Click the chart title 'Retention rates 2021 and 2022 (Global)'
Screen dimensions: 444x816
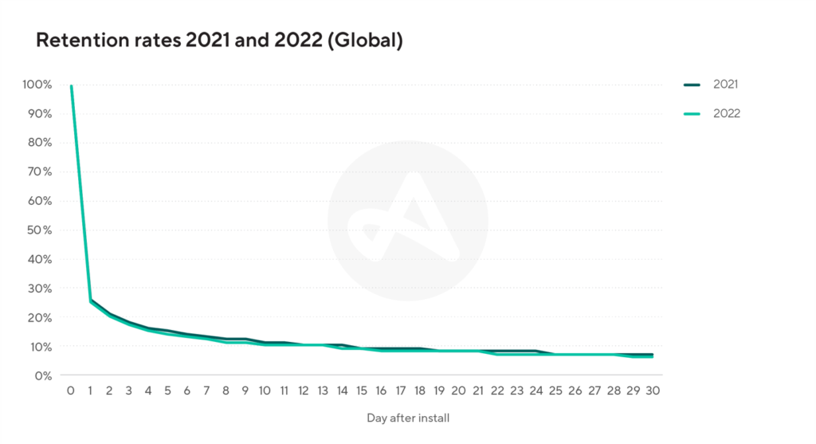(x=219, y=40)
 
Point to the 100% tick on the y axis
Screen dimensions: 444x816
(x=37, y=84)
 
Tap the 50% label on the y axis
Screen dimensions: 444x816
(x=39, y=230)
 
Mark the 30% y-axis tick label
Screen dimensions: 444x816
(x=39, y=288)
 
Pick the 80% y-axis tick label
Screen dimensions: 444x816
(x=39, y=143)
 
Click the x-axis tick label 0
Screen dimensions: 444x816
(x=71, y=391)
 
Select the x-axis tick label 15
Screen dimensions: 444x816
(x=362, y=391)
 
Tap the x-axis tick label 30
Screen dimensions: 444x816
(x=653, y=391)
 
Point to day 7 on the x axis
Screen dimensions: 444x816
(x=206, y=391)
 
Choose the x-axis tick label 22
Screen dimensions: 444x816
(x=497, y=391)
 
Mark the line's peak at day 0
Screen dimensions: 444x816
(x=72, y=86)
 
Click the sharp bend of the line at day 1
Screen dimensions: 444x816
(x=91, y=301)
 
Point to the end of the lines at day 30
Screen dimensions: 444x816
(x=653, y=356)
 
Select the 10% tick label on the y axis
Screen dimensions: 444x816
(x=39, y=346)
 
